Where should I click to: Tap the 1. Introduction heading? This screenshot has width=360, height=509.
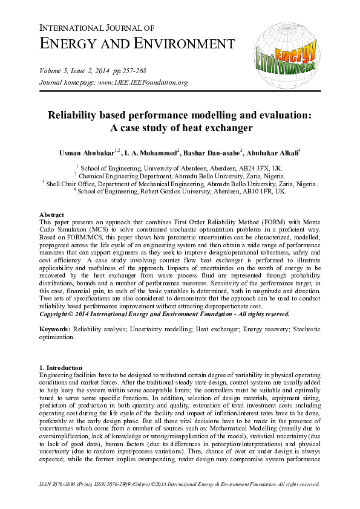(x=64, y=368)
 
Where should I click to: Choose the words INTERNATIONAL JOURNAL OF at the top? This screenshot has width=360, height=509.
(x=97, y=28)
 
